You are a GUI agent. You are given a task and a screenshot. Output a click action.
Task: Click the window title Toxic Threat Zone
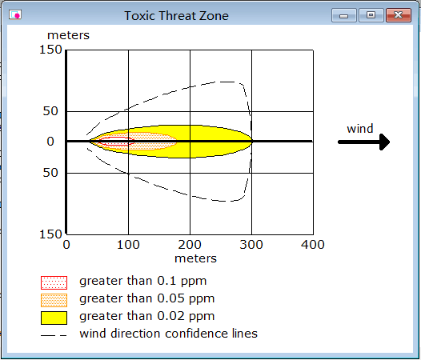point(176,15)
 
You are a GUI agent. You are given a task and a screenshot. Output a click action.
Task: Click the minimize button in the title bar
point(344,15)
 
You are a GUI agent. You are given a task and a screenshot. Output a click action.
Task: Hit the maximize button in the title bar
point(371,15)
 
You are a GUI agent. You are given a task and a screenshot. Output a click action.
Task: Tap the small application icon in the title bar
point(15,14)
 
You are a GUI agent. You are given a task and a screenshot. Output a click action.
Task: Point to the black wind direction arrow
point(364,142)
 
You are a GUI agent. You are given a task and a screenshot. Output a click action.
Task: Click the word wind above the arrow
point(360,129)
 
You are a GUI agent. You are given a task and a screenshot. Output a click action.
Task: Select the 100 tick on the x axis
point(128,245)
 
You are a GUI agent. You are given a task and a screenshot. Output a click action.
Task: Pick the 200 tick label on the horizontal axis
point(190,245)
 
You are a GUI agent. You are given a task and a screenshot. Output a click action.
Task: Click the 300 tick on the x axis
point(251,245)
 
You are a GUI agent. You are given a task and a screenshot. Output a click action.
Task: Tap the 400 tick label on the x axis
point(313,245)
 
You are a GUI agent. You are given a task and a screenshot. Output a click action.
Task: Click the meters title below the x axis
point(195,258)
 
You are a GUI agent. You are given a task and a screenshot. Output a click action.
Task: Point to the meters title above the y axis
point(68,35)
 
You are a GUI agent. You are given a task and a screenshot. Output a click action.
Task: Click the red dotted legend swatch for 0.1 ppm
point(54,282)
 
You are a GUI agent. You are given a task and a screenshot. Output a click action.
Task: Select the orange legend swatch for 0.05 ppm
point(54,301)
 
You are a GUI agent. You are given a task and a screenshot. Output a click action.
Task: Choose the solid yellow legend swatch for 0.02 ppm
point(54,318)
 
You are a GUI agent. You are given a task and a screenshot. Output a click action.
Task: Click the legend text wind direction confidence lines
point(168,334)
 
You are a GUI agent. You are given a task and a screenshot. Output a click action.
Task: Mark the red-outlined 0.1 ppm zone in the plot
point(117,142)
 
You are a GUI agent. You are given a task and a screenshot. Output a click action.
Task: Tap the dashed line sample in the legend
point(54,335)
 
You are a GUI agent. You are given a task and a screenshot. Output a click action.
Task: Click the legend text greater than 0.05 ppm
point(146,298)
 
